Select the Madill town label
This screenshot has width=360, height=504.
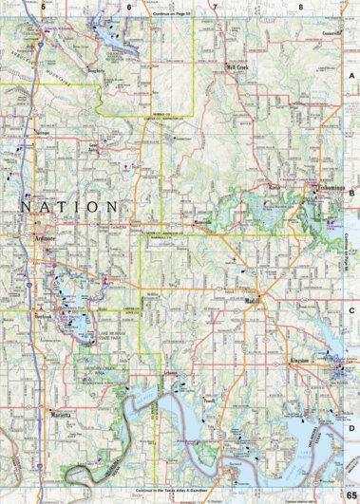(252, 302)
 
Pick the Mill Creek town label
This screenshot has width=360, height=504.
(236, 68)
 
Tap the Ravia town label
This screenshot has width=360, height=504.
(275, 187)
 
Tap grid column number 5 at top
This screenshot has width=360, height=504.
(43, 7)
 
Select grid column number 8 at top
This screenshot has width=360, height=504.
(300, 7)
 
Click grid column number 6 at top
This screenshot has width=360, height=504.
(128, 7)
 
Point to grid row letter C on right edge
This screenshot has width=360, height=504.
(352, 308)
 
